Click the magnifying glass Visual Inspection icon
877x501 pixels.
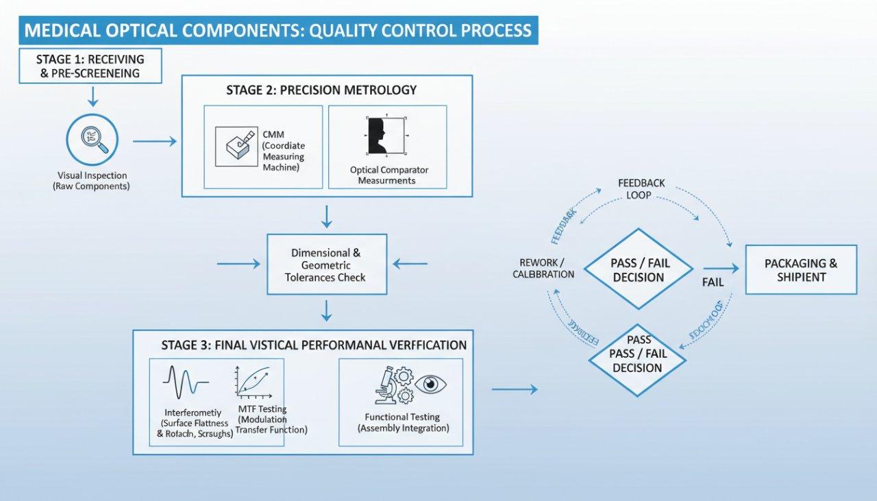coord(91,139)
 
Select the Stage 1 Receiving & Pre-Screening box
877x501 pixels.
coord(90,66)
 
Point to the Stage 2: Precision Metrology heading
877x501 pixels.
coord(321,90)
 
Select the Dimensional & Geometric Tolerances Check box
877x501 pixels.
coord(327,265)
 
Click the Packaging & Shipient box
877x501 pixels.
coord(801,269)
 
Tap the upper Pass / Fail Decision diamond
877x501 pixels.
coord(638,269)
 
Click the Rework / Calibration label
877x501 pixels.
coord(542,268)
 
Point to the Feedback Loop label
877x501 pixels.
coord(641,189)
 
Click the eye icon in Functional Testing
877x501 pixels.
coord(430,383)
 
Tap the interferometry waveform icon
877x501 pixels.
coord(182,382)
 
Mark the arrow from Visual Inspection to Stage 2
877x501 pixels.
coord(154,141)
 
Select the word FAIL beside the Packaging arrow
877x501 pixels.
coord(713,282)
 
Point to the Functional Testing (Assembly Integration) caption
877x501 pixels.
coord(403,422)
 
